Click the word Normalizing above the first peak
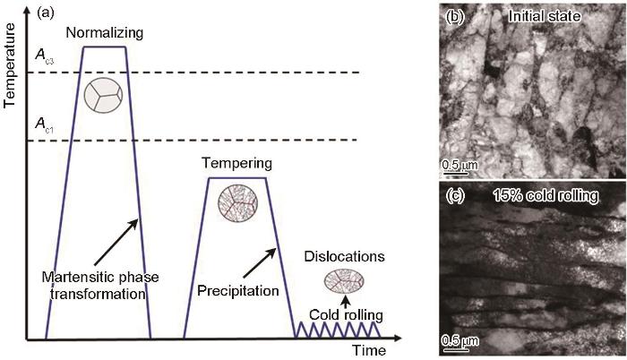point(105,33)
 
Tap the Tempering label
point(236,163)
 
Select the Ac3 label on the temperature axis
point(44,56)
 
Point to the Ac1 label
point(44,124)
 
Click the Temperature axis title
point(9,65)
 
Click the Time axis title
point(369,350)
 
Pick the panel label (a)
point(45,13)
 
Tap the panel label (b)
point(454,16)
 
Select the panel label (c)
point(455,195)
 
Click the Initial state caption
point(544,16)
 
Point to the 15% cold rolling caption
point(545,195)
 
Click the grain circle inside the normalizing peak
point(103,95)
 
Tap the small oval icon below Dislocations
point(344,281)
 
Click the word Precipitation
point(238,291)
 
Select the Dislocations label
point(344,256)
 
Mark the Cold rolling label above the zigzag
point(346,315)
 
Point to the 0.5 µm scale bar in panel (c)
point(455,350)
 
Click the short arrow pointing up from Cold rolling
point(347,301)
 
